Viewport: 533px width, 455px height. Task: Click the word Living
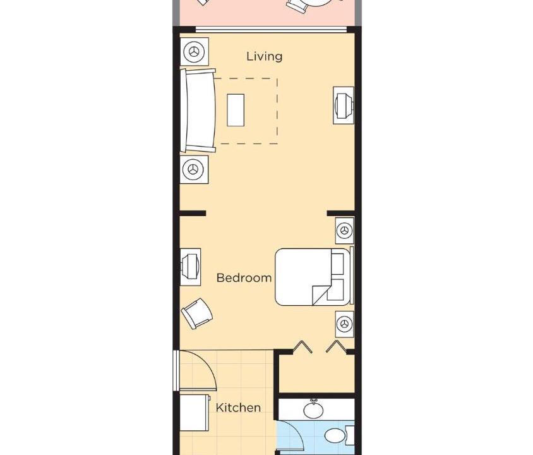[x=265, y=56]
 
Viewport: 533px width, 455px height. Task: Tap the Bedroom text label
[x=244, y=278]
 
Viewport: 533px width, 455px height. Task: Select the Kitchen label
[x=238, y=408]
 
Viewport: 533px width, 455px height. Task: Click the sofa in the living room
[x=198, y=110]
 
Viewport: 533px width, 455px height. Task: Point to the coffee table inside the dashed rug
[x=236, y=110]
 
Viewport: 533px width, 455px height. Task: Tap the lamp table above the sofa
[x=194, y=51]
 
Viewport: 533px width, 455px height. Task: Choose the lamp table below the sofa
[x=194, y=169]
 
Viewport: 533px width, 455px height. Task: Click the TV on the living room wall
[x=344, y=106]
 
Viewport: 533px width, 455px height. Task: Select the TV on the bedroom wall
[x=190, y=267]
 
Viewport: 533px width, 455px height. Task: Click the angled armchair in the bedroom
[x=197, y=313]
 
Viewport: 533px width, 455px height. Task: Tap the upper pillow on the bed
[x=337, y=264]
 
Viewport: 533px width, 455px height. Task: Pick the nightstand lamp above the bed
[x=345, y=231]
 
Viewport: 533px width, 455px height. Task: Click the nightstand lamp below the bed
[x=345, y=324]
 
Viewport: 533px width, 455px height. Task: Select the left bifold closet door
[x=302, y=347]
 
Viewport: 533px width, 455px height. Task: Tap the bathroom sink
[x=313, y=409]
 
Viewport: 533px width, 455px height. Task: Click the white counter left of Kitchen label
[x=195, y=412]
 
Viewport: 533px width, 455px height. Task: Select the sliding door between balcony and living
[x=272, y=30]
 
